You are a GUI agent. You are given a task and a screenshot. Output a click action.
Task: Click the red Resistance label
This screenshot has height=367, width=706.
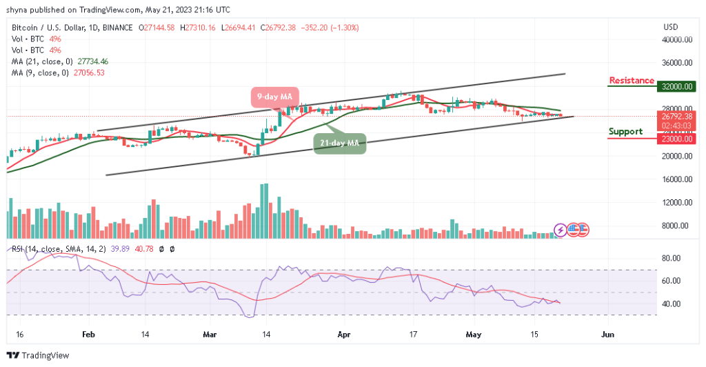click(x=631, y=81)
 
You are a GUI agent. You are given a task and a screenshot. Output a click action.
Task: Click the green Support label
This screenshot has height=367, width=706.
click(x=625, y=132)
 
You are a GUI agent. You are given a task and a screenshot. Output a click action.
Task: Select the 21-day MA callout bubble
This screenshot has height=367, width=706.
click(x=340, y=143)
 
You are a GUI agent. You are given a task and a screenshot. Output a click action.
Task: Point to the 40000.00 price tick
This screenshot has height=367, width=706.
click(x=678, y=39)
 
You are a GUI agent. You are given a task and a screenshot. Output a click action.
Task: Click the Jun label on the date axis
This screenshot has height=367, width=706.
click(x=607, y=332)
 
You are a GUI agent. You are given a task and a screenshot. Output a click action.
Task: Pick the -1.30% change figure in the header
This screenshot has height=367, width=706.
click(x=345, y=28)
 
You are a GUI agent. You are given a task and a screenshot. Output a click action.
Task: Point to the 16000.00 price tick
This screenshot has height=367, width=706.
click(x=678, y=179)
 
